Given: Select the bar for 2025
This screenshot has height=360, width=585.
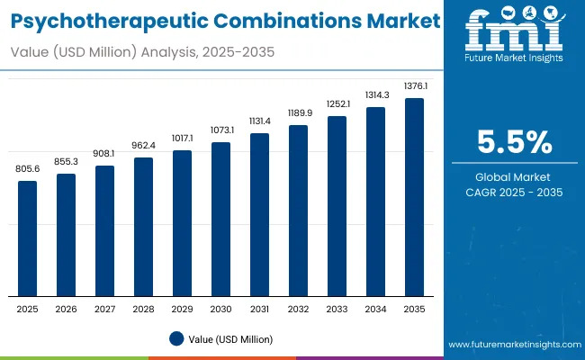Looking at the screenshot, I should (28, 238).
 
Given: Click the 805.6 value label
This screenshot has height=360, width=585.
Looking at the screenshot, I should (28, 168).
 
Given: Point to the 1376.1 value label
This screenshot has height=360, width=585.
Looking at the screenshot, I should (414, 85).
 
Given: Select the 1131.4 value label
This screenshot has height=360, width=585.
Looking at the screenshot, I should (259, 121).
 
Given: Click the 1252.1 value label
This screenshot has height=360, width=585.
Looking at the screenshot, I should (337, 104).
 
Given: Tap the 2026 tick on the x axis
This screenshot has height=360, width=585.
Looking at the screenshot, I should (67, 309).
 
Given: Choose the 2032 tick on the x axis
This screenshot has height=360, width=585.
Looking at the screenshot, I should (298, 309).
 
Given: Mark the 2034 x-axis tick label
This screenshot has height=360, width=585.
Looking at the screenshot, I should (375, 309).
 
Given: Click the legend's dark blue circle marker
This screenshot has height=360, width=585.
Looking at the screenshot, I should (177, 338).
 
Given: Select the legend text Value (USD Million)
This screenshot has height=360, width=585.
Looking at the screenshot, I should (230, 339).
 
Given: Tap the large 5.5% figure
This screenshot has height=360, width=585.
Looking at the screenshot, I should (515, 142).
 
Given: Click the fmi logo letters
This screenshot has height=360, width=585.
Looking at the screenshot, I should (514, 33).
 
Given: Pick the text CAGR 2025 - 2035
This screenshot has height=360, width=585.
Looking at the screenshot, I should (515, 193).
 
